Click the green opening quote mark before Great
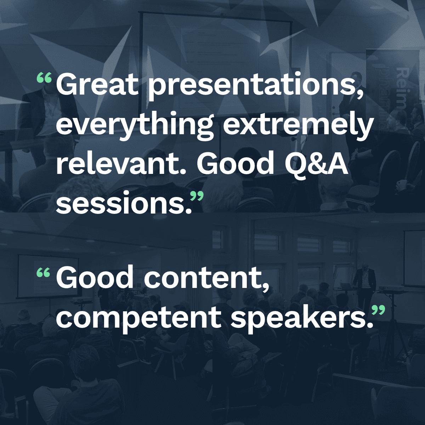coord(44,78)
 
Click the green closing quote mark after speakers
coord(378,310)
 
